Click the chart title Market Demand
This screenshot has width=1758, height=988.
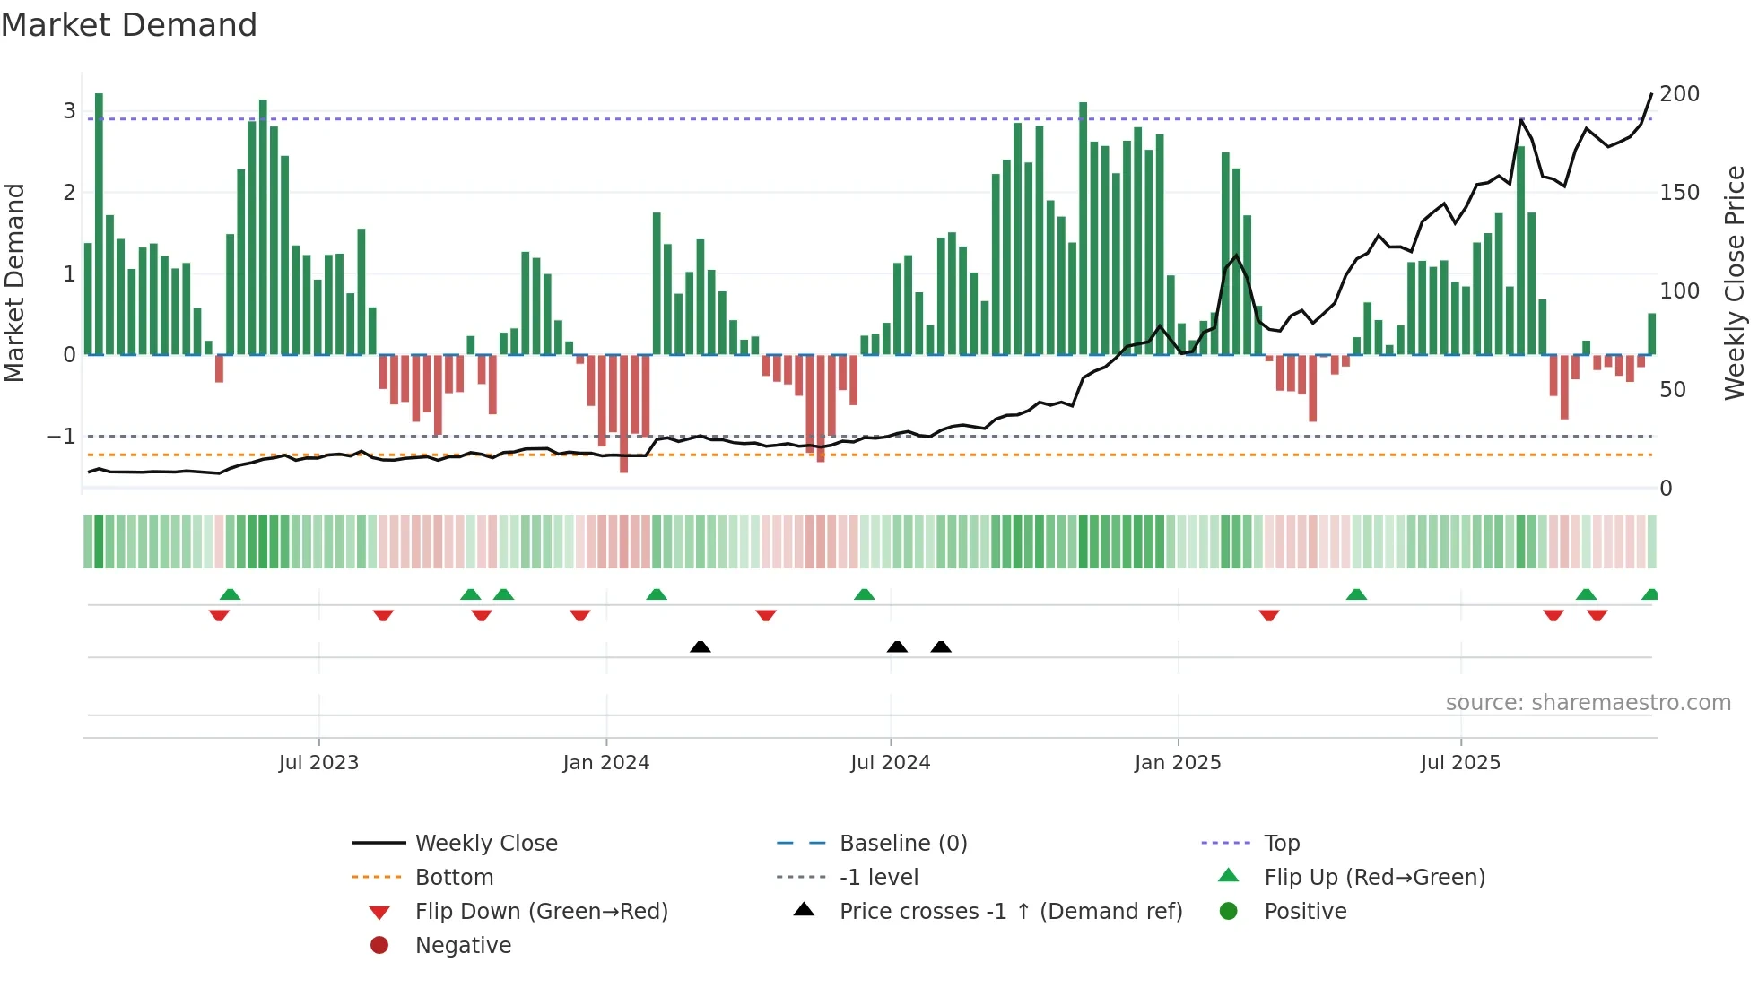[x=129, y=25]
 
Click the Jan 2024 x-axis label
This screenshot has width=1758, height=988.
[x=605, y=763]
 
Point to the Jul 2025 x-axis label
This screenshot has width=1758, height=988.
[x=1460, y=763]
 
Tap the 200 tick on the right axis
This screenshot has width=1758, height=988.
[x=1679, y=94]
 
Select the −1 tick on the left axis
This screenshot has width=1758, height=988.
[x=61, y=437]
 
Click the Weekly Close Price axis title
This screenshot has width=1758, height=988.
[x=1735, y=282]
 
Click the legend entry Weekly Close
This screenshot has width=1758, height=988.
[x=486, y=844]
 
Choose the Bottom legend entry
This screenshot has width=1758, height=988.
[x=454, y=878]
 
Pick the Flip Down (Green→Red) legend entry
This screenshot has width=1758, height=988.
[x=541, y=912]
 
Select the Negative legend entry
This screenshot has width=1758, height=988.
[x=463, y=946]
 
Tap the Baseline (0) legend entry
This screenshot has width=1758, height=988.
[x=903, y=844]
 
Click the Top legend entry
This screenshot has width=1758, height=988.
[x=1282, y=844]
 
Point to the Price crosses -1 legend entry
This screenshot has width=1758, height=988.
[x=1010, y=912]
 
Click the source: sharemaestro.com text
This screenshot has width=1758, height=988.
[x=1588, y=703]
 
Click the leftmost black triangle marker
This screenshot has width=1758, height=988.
[x=701, y=646]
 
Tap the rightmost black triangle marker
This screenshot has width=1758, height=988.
[x=941, y=646]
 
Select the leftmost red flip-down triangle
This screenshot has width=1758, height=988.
[x=219, y=615]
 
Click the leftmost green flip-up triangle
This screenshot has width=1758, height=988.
[x=230, y=594]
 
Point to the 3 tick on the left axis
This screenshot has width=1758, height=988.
[x=69, y=111]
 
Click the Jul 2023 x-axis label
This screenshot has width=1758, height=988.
[x=318, y=763]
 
